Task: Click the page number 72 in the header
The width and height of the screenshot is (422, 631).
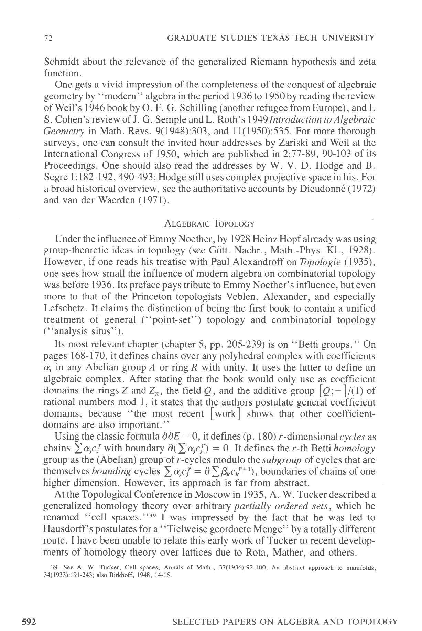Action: tap(48, 38)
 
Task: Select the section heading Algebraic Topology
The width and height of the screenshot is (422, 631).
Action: tap(209, 224)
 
